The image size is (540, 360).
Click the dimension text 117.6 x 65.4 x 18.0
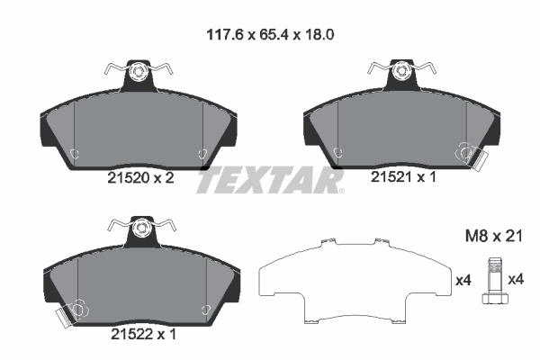click(x=270, y=34)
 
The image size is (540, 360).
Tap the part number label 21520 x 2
click(x=141, y=178)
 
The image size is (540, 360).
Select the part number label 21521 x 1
click(x=403, y=177)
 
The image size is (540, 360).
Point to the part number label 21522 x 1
click(x=143, y=334)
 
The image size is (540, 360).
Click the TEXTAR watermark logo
click(x=270, y=180)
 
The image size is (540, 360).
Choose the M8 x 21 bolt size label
click(x=494, y=237)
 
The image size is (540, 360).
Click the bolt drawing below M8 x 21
click(x=495, y=281)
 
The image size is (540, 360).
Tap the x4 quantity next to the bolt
click(x=516, y=279)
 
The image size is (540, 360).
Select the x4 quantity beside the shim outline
click(x=463, y=281)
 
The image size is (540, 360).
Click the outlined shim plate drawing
click(x=355, y=281)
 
